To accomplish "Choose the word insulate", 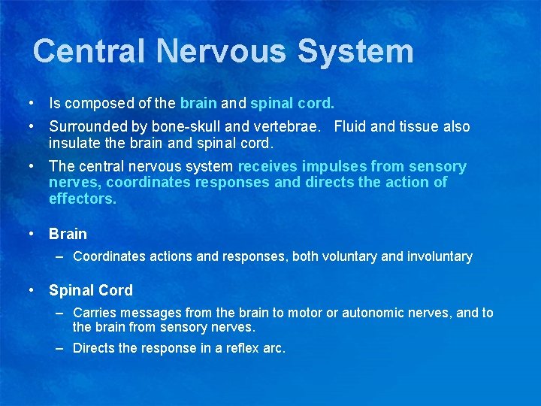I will [x=76, y=143].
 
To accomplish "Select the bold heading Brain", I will [x=68, y=235].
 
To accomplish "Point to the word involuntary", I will [x=440, y=257].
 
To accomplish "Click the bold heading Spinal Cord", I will [x=90, y=291].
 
